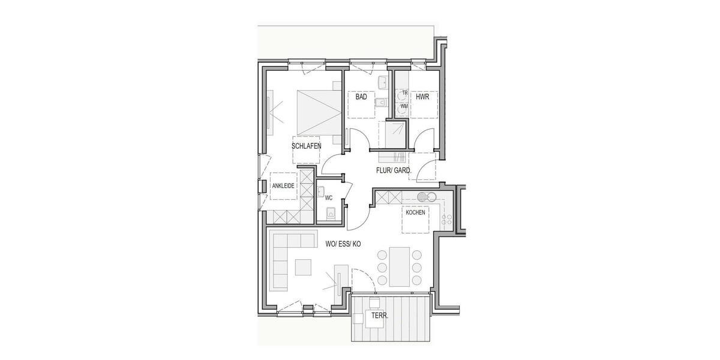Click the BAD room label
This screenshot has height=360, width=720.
(x=361, y=97)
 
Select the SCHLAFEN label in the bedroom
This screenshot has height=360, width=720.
(x=307, y=146)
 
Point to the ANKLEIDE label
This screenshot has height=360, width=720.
(x=283, y=186)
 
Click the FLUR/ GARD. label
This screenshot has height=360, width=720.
(x=394, y=170)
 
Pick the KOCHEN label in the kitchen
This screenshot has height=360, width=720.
(x=415, y=212)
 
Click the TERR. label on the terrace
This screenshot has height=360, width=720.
(x=380, y=316)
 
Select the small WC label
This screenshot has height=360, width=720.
(x=328, y=197)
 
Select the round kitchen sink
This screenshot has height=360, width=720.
(x=424, y=196)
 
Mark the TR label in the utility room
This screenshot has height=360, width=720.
(x=404, y=93)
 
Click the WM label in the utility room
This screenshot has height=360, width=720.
(x=404, y=106)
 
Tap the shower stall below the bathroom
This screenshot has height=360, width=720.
(x=393, y=134)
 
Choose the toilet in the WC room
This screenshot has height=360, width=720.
(x=329, y=211)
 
